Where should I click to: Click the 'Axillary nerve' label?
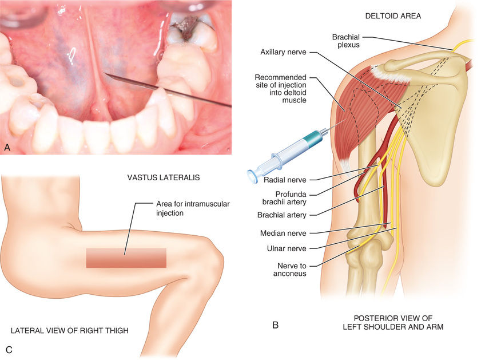[x=283, y=52]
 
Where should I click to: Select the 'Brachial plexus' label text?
[x=346, y=42]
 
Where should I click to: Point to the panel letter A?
[x=7, y=148]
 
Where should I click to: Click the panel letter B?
[x=275, y=325]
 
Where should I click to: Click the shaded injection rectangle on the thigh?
[x=126, y=258]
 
